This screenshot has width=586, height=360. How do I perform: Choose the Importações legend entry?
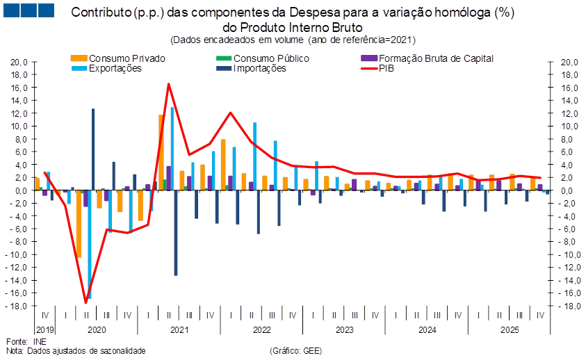260,69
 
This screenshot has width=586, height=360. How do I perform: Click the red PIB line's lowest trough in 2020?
86,303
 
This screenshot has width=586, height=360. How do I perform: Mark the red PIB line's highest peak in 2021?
168,84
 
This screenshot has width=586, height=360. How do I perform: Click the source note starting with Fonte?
24,343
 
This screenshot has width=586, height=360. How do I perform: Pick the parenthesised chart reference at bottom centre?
295,351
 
